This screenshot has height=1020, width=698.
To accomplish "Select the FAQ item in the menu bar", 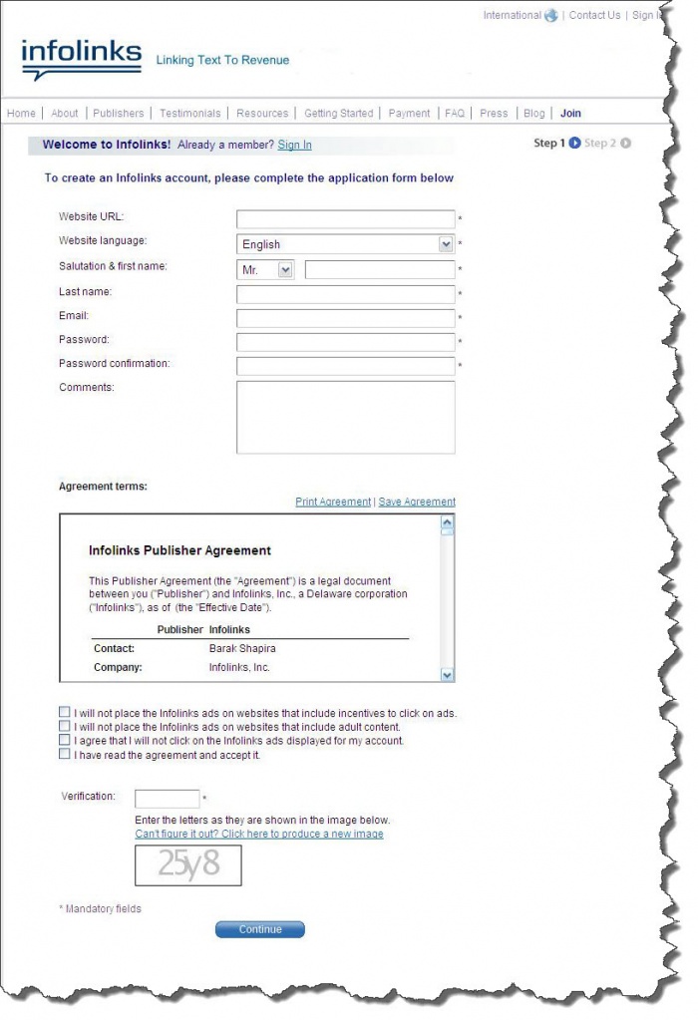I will point(455,114).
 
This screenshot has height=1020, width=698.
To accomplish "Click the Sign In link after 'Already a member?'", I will point(294,145).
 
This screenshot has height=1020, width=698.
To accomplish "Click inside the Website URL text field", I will point(345,219).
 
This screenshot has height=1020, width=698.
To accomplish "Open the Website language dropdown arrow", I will point(446,244).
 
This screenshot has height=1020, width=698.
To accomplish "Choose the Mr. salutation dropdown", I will point(265,270).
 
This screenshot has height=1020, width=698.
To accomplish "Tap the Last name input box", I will point(345,294).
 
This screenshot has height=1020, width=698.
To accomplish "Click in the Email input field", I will point(345,318).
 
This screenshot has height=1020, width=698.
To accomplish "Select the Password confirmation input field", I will point(345,366).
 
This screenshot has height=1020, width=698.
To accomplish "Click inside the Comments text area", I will point(345,417).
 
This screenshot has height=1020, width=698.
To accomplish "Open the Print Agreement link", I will point(333,502).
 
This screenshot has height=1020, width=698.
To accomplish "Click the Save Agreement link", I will point(417,502).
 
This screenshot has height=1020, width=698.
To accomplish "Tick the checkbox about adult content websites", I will point(65,727).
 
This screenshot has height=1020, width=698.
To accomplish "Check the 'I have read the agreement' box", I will point(65,755).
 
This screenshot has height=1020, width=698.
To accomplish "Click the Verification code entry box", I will point(167,799).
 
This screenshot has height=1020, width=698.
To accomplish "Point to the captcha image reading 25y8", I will point(188,864).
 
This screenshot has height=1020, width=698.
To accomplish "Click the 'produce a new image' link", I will point(258,834).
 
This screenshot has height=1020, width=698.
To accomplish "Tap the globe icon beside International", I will point(550,16).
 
